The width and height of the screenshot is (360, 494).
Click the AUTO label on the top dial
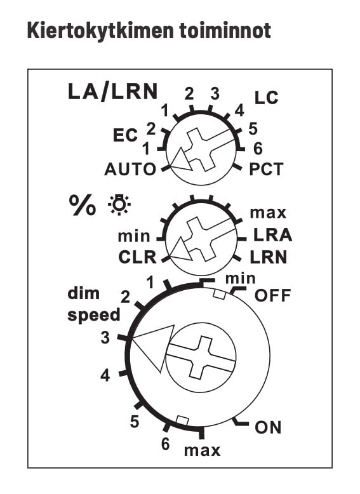pos(130,170)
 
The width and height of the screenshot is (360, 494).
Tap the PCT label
pos(267,169)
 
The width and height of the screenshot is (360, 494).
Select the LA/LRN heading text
pos(113,91)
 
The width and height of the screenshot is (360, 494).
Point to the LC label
pos(267,98)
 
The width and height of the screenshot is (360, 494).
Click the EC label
pos(125,135)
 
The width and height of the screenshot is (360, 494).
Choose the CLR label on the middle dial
pos(137,257)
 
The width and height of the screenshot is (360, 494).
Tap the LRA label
pos(273,235)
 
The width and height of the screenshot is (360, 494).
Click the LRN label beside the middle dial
pos(269,257)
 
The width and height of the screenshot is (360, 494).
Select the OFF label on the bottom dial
pos(272,295)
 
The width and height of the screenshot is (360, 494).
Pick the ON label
pos(268,427)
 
